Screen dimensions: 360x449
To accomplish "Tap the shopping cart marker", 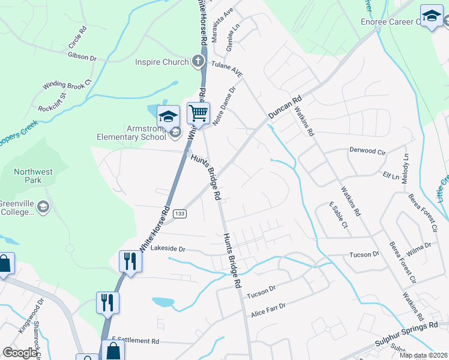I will [198, 112].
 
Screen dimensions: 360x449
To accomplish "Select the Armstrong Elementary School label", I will [131, 132].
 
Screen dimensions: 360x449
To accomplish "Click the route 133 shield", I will [179, 214].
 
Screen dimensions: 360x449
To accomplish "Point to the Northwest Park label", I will [33, 176].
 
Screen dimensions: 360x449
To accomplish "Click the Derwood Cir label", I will [367, 151].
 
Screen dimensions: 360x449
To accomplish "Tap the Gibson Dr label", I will [82, 58].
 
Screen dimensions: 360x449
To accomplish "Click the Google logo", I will [20, 353].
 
